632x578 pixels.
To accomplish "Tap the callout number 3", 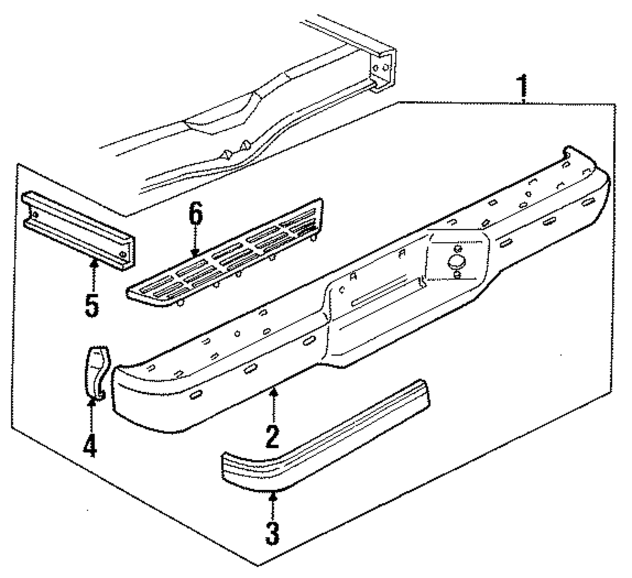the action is [x=272, y=533].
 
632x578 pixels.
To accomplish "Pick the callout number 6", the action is [x=195, y=215].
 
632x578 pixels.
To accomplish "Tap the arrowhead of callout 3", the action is [x=272, y=495].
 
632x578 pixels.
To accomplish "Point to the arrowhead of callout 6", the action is [x=195, y=254].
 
